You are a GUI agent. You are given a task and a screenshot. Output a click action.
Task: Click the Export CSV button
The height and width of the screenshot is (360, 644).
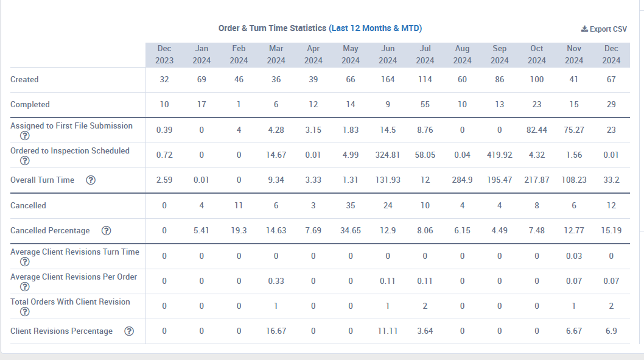(604, 29)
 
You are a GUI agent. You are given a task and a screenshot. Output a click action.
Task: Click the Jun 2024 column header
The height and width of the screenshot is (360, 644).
(388, 55)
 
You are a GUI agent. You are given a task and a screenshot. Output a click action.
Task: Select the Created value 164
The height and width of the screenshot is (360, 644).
(388, 79)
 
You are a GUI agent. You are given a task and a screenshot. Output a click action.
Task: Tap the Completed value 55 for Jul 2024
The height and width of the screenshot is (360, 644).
(425, 104)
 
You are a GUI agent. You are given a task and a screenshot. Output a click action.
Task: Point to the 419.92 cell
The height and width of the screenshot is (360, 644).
(499, 155)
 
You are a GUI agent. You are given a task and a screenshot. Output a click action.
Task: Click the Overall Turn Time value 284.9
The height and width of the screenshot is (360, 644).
(462, 180)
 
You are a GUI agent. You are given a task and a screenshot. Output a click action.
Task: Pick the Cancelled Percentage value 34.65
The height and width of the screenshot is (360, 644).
(351, 230)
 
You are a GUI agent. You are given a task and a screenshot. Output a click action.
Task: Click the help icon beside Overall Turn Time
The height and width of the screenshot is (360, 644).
(91, 180)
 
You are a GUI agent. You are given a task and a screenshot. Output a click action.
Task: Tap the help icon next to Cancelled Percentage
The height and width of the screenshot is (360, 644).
(107, 230)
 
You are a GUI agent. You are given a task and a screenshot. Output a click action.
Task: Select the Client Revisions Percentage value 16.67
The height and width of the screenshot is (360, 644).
(276, 331)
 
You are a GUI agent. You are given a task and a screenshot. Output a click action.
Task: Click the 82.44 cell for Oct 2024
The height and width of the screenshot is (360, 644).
(537, 130)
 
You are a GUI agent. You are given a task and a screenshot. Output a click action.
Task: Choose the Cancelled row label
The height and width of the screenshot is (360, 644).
(28, 205)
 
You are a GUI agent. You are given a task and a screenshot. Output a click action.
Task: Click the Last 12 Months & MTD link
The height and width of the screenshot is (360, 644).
(376, 29)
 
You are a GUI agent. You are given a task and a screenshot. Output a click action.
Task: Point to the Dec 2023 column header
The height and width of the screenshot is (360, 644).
(164, 55)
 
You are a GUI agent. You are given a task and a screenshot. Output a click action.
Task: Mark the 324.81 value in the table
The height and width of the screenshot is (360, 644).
(388, 155)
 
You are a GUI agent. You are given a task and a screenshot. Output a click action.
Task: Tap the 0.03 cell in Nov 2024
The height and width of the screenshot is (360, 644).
(574, 256)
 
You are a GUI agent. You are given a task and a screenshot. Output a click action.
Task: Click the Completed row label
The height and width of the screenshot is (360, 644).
(30, 104)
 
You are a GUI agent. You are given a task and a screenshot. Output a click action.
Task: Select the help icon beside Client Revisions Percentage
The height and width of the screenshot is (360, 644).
(130, 331)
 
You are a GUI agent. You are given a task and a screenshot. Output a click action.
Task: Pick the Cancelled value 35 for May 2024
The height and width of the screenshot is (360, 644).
(351, 205)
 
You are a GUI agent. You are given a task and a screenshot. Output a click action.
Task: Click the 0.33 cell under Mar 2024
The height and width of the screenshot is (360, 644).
(276, 281)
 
